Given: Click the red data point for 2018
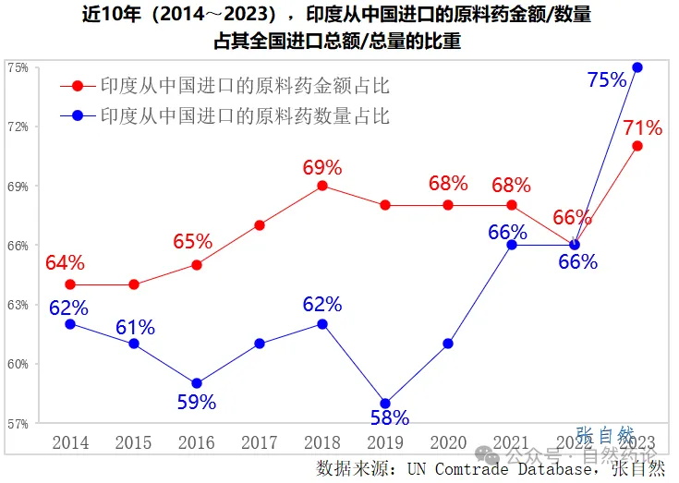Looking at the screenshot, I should point(322,186).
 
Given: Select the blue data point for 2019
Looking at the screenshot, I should point(385,404).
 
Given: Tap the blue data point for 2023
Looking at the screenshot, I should point(637,67).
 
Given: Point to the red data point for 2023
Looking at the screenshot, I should point(637,146).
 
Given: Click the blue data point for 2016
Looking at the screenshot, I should point(196,383).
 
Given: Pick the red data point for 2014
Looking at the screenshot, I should point(70,284).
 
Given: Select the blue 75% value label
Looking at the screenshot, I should point(607,80).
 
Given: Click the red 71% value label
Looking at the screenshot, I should point(642,127).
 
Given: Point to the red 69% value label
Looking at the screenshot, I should point(322,167).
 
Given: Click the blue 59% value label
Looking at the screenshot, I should point(196,402).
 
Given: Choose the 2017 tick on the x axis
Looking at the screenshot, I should point(259,442).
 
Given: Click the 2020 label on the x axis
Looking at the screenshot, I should point(448,442).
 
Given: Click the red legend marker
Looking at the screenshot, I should point(78,87).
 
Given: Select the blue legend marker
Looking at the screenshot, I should point(78,116).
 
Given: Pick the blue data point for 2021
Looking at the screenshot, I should point(511,245).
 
